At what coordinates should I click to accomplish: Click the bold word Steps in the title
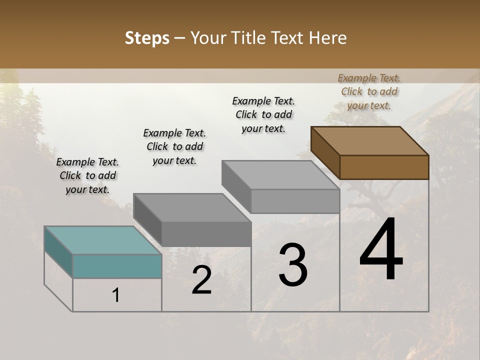(x=147, y=38)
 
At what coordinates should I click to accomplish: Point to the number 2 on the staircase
(x=201, y=280)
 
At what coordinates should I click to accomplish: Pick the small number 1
(x=116, y=295)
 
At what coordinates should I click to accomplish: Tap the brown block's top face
(x=370, y=141)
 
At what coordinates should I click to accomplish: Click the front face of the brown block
(x=384, y=167)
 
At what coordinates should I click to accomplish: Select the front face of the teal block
(x=117, y=266)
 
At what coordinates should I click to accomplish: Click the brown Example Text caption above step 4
(x=369, y=91)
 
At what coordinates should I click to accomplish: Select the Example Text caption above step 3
(x=263, y=114)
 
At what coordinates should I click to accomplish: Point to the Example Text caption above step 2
(x=174, y=146)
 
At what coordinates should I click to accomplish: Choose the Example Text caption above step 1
(x=87, y=175)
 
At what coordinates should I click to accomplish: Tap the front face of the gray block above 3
(x=295, y=201)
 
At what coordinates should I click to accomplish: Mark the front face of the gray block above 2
(x=206, y=234)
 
